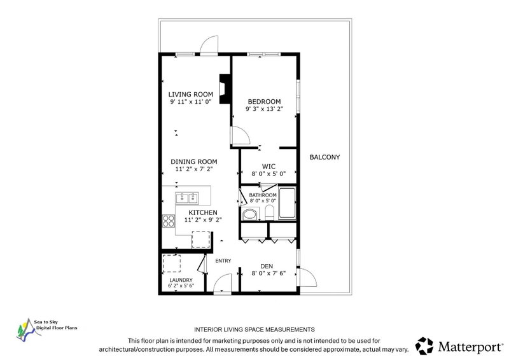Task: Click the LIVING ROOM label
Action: pyautogui.click(x=190, y=95)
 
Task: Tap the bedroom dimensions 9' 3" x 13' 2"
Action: pyautogui.click(x=264, y=109)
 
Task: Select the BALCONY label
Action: pyautogui.click(x=324, y=157)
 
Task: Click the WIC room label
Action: pyautogui.click(x=268, y=167)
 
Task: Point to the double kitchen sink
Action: pyautogui.click(x=187, y=198)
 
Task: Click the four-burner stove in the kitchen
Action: pyautogui.click(x=169, y=221)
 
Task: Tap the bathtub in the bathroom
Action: pyautogui.click(x=288, y=203)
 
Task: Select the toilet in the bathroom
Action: pyautogui.click(x=270, y=212)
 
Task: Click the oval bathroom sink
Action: pyautogui.click(x=249, y=214)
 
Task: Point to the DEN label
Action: pyautogui.click(x=267, y=267)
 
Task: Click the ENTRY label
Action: pyautogui.click(x=223, y=261)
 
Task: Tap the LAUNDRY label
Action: pyautogui.click(x=181, y=280)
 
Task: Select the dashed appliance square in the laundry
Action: pyautogui.click(x=172, y=263)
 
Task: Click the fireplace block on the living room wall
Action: pyautogui.click(x=225, y=89)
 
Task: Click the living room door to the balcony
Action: pyautogui.click(x=209, y=45)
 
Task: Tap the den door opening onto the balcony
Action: pyautogui.click(x=307, y=277)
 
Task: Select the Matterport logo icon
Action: pyautogui.click(x=424, y=346)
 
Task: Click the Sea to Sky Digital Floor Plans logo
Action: pyautogui.click(x=46, y=329)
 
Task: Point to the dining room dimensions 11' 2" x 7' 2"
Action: pyautogui.click(x=194, y=169)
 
